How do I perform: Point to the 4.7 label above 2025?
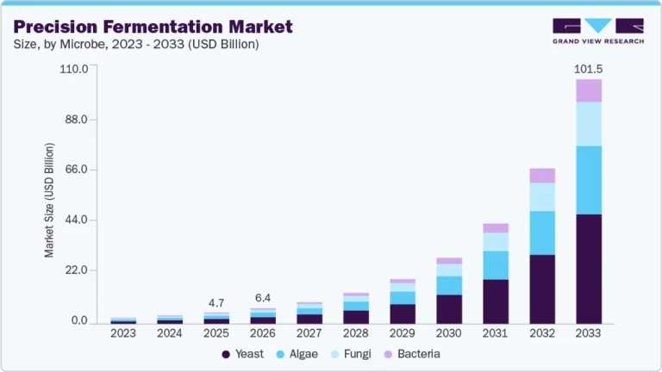coord(216,303)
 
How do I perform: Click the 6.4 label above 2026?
coord(263,299)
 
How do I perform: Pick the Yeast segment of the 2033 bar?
coord(589,269)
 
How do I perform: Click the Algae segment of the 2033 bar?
coord(589,180)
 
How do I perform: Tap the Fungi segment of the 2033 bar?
coord(589,124)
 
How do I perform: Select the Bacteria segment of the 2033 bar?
coord(589,90)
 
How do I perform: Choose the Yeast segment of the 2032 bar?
coord(542,289)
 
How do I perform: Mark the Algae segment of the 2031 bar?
coord(496,265)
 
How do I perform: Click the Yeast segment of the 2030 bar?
coord(449,309)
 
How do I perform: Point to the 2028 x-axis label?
coord(356,333)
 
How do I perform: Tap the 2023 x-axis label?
coord(123,333)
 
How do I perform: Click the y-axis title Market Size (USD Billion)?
coord(49,200)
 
